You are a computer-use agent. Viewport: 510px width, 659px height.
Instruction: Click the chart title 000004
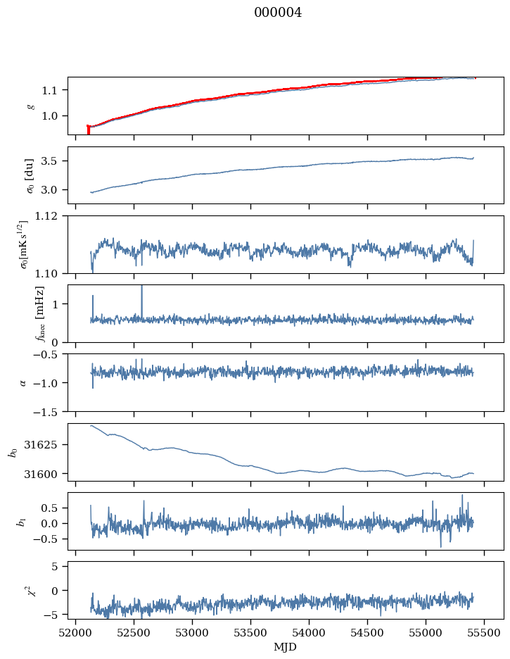coord(277,13)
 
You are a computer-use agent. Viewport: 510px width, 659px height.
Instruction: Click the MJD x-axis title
coord(285,647)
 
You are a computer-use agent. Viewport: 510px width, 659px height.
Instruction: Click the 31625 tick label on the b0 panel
coord(44,445)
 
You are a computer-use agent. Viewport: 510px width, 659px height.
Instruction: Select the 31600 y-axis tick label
coord(44,474)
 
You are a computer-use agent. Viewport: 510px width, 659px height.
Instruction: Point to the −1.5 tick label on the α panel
coord(49,412)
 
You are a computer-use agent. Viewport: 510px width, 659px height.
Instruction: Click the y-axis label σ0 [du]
coord(30,176)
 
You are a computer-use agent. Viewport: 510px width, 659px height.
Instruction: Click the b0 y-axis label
coord(13,452)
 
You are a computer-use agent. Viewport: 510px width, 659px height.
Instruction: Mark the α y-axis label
coord(23,382)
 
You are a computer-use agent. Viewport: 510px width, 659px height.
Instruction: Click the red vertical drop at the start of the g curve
coord(88,130)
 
